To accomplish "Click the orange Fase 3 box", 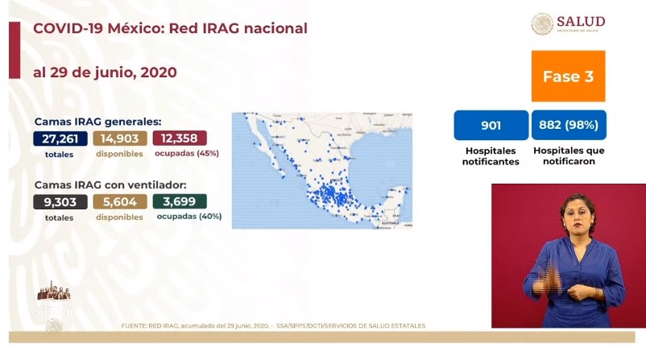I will coord(569,77).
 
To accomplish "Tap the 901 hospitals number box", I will coord(491,126).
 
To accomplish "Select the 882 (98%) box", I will coord(569,126).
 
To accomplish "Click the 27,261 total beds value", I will coord(60,139).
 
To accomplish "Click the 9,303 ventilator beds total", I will coord(60,202).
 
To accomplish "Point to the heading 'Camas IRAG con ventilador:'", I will coord(105,184).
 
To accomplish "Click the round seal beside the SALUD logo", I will coord(542,24).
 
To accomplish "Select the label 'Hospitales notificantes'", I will coord(491,155).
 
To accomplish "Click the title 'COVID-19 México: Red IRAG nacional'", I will coord(169,28).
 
